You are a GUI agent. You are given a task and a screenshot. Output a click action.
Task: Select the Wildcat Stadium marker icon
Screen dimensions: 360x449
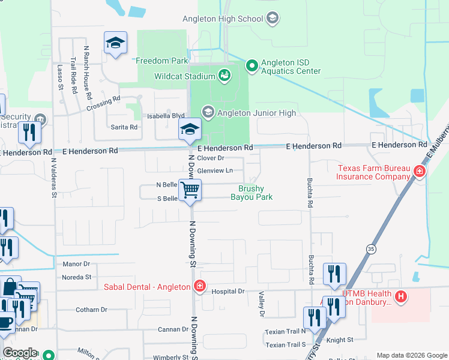(224, 76)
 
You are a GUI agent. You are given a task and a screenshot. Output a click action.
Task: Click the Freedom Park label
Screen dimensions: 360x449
(162, 61)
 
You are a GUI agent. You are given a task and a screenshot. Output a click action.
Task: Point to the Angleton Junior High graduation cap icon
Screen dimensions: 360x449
(208, 112)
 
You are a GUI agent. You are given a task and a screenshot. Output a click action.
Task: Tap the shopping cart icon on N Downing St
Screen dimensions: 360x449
(190, 190)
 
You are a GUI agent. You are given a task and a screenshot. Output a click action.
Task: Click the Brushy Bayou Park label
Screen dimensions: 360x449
(252, 193)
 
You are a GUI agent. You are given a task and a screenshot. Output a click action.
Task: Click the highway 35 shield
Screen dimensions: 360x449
(372, 248)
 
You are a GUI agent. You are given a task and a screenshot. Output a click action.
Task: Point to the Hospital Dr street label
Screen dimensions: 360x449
(229, 291)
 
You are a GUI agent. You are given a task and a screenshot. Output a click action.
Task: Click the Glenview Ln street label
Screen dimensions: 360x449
(215, 170)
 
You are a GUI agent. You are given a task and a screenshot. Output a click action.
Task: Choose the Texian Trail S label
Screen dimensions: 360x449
(285, 345)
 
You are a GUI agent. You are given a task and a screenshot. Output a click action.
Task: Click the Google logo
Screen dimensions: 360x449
(20, 353)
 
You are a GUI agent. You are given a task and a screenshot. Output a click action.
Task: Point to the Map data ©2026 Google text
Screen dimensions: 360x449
(411, 355)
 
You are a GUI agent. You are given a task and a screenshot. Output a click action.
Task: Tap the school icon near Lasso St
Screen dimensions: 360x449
(115, 43)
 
